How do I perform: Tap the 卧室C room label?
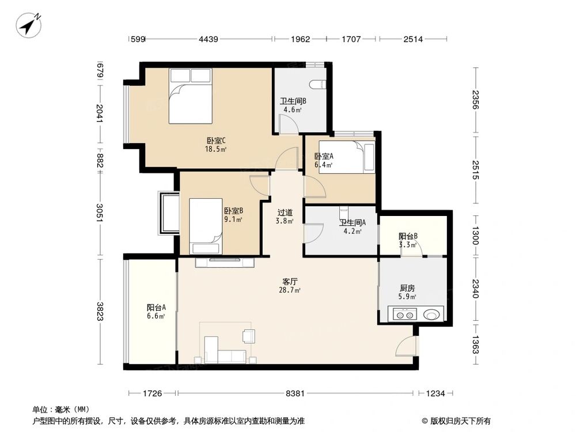[216, 140]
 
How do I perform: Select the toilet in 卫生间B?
[316, 85]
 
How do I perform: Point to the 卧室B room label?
[233, 211]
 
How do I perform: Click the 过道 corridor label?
[285, 213]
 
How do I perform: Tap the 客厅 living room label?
[289, 282]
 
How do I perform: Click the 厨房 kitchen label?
[407, 289]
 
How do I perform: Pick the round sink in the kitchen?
[430, 315]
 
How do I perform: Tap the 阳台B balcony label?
[408, 236]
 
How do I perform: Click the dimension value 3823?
[100, 312]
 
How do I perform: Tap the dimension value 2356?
[475, 101]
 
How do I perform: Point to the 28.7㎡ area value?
[289, 290]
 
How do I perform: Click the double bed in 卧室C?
[190, 96]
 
